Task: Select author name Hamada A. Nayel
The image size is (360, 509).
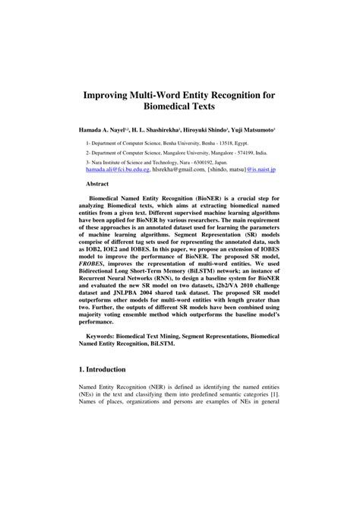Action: click(x=103, y=131)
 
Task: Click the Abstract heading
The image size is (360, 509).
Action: click(x=97, y=184)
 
